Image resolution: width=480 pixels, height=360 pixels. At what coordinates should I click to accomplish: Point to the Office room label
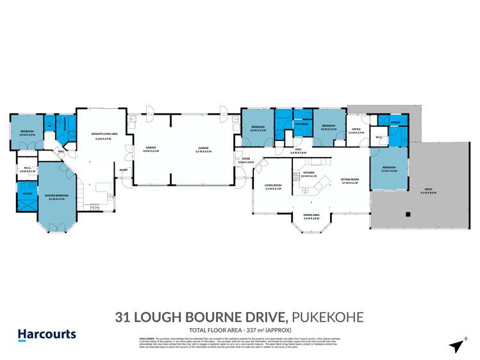357,131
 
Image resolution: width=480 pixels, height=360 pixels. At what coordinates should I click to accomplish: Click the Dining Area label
311,218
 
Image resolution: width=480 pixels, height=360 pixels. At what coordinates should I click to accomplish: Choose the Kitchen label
308,174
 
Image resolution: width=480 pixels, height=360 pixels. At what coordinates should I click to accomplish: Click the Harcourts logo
46,334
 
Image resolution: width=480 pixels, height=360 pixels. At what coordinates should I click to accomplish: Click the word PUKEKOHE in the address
327,316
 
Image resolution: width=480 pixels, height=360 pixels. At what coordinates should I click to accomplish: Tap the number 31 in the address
123,316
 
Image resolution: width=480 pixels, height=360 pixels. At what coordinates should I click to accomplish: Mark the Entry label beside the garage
122,170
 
